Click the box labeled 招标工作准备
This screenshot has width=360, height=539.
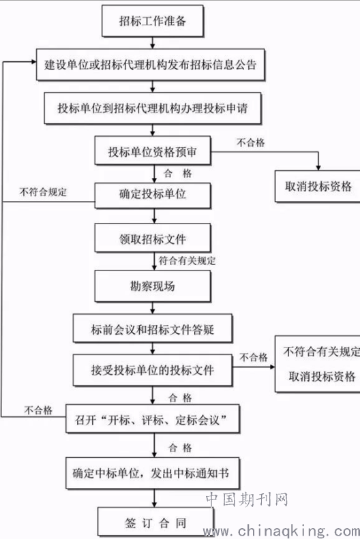[153, 21]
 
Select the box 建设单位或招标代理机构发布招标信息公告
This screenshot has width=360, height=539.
[151, 65]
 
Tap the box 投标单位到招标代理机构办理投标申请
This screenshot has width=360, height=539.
[152, 108]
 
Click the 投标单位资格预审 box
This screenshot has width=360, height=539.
[153, 151]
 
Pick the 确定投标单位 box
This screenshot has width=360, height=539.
[153, 195]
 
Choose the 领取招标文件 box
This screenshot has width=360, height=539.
[153, 238]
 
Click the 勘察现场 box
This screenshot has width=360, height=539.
[153, 286]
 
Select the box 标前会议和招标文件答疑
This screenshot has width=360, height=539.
[153, 328]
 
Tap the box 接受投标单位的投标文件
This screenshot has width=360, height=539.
[153, 370]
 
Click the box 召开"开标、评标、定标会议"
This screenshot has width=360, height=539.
[152, 418]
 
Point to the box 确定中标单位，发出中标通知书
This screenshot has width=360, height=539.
[152, 473]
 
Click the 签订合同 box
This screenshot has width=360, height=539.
[155, 521]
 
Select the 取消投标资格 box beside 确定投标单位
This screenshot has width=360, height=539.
[317, 186]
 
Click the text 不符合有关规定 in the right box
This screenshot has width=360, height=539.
[322, 352]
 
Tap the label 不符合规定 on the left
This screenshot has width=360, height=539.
[43, 191]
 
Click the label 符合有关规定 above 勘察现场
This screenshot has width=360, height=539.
[187, 260]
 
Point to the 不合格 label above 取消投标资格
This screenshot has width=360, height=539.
[251, 142]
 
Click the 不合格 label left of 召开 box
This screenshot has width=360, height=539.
[37, 410]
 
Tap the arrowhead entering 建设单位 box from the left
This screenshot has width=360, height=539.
[33, 62]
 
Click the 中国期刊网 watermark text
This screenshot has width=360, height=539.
[247, 499]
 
